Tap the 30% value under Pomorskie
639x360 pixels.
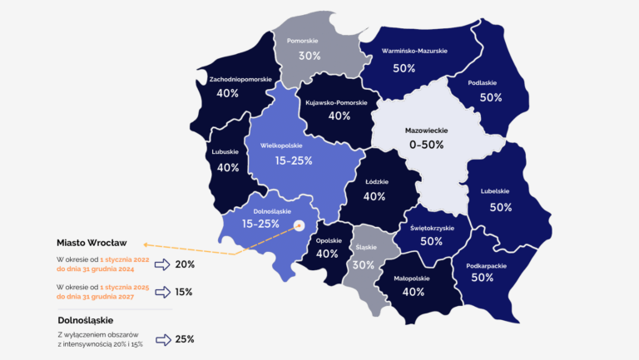[310, 57]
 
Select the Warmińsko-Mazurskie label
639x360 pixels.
[414, 52]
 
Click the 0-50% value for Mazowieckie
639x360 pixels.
[424, 145]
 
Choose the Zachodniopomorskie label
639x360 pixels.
[240, 79]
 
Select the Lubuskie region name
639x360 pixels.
[226, 152]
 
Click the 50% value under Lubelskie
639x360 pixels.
[501, 207]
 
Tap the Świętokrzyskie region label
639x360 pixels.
[432, 227]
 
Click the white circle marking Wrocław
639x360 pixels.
[300, 224]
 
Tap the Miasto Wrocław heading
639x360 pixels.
[92, 242]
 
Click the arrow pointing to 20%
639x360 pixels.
[161, 264]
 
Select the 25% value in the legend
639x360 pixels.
[185, 339]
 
